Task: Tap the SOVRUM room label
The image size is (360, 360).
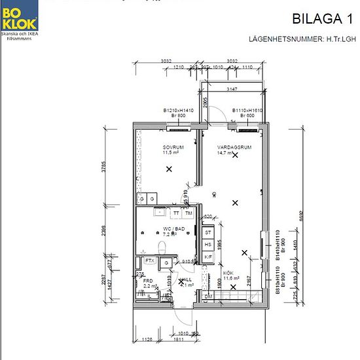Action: coord(173,148)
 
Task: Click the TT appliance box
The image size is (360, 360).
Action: coord(176,213)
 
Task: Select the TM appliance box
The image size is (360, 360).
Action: coord(189,213)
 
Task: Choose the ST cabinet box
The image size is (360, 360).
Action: coord(208,232)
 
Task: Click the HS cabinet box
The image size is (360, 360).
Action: coord(208,244)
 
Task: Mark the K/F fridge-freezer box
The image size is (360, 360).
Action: coord(208,257)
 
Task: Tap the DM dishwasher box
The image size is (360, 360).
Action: coord(208,297)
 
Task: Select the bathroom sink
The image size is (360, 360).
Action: coord(159,211)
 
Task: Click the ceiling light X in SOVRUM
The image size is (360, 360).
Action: coord(170,169)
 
